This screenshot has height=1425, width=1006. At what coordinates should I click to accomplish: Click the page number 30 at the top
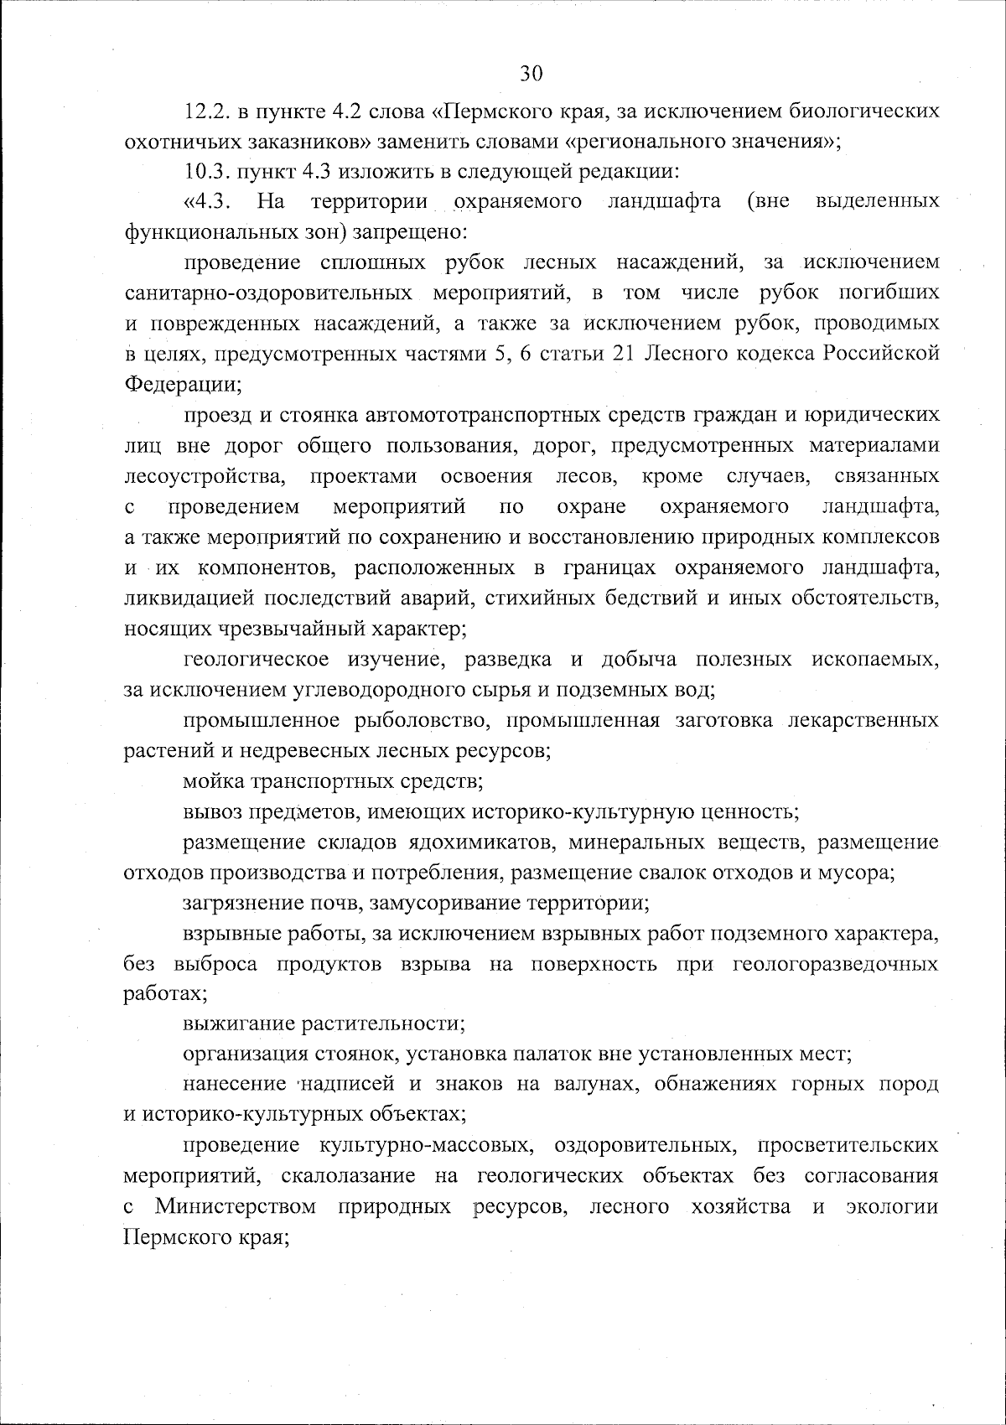click(x=531, y=73)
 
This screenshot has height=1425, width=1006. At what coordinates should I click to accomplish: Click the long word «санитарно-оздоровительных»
click(x=268, y=293)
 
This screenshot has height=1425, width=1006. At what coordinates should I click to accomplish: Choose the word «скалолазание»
click(x=347, y=1176)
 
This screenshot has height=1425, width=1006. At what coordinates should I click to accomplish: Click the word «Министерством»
click(x=236, y=1206)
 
